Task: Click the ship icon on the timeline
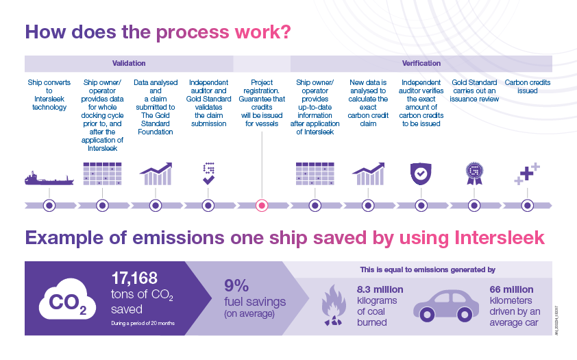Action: (49, 178)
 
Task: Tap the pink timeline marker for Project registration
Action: (262, 206)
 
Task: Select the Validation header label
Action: (129, 63)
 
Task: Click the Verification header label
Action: (421, 63)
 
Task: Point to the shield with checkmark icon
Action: (421, 173)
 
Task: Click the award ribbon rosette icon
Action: (474, 173)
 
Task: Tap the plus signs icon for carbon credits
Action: (527, 173)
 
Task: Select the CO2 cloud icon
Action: (67, 299)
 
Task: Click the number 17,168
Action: (134, 278)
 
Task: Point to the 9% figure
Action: (236, 286)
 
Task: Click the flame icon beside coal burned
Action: (334, 305)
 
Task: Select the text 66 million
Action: (511, 289)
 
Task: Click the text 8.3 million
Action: (380, 289)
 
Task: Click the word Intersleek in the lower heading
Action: (500, 238)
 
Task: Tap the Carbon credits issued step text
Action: (528, 86)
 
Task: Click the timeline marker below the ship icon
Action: (49, 206)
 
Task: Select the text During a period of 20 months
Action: (143, 323)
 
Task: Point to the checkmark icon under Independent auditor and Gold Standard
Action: (208, 180)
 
